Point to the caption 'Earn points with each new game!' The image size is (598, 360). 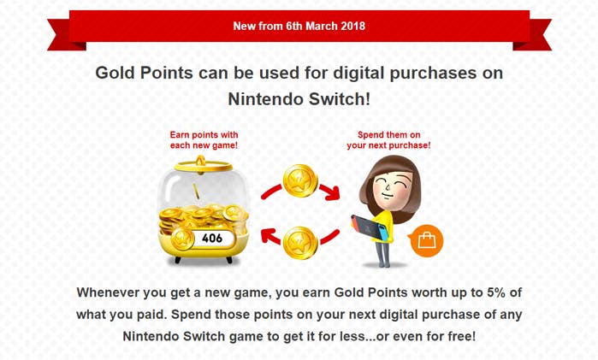(204, 140)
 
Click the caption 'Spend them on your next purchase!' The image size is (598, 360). (388, 140)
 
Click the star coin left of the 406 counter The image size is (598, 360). (182, 239)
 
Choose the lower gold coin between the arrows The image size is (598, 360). (301, 242)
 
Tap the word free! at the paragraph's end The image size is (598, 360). (456, 336)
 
